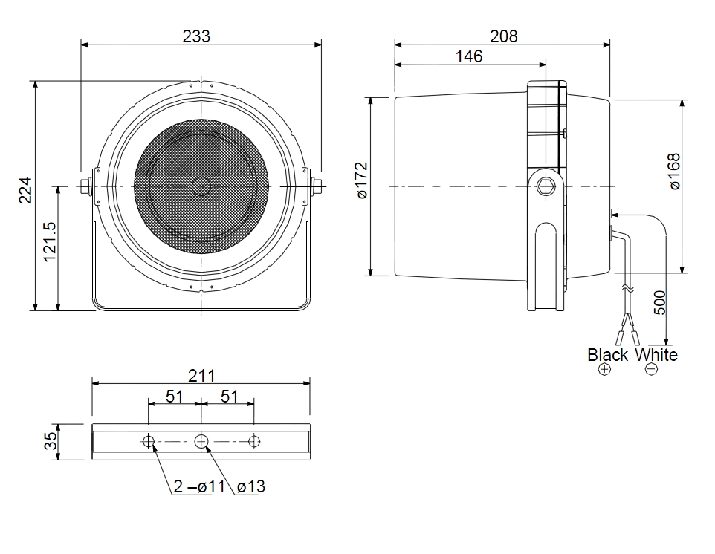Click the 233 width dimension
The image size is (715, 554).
pyautogui.click(x=196, y=36)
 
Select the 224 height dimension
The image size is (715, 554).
pyautogui.click(x=25, y=190)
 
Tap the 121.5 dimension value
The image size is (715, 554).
pyautogui.click(x=49, y=241)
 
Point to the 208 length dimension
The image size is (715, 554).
pyautogui.click(x=503, y=36)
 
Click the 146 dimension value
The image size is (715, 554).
pyautogui.click(x=469, y=56)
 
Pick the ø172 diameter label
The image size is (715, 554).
pyautogui.click(x=362, y=180)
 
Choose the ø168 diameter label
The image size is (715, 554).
pyautogui.click(x=674, y=172)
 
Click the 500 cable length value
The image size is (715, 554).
pyautogui.click(x=659, y=302)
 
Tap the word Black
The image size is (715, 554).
pyautogui.click(x=607, y=355)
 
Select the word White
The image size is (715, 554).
pyautogui.click(x=656, y=355)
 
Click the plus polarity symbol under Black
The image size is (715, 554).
pyautogui.click(x=604, y=369)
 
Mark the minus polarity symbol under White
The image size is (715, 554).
pyautogui.click(x=652, y=369)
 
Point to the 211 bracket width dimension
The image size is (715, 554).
pyautogui.click(x=201, y=376)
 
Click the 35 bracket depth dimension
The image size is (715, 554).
pyautogui.click(x=50, y=440)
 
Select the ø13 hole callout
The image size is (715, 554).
pyautogui.click(x=251, y=486)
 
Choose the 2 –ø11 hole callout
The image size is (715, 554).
pyautogui.click(x=199, y=486)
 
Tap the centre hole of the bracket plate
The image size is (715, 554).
pyautogui.click(x=201, y=441)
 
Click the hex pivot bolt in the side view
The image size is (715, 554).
pyautogui.click(x=546, y=186)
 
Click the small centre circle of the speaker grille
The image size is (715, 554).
pyautogui.click(x=201, y=186)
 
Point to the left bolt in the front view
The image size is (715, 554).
pyautogui.click(x=85, y=186)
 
